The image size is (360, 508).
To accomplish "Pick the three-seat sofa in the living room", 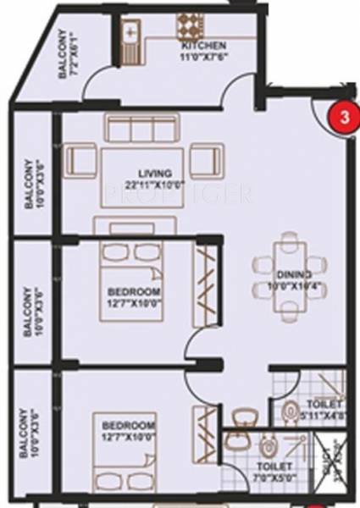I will [141, 128].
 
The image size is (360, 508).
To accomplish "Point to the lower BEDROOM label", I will [129, 423].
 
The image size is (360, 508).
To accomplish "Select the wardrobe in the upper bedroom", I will [206, 284].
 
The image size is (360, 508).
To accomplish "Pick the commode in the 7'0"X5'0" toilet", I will [269, 445].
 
